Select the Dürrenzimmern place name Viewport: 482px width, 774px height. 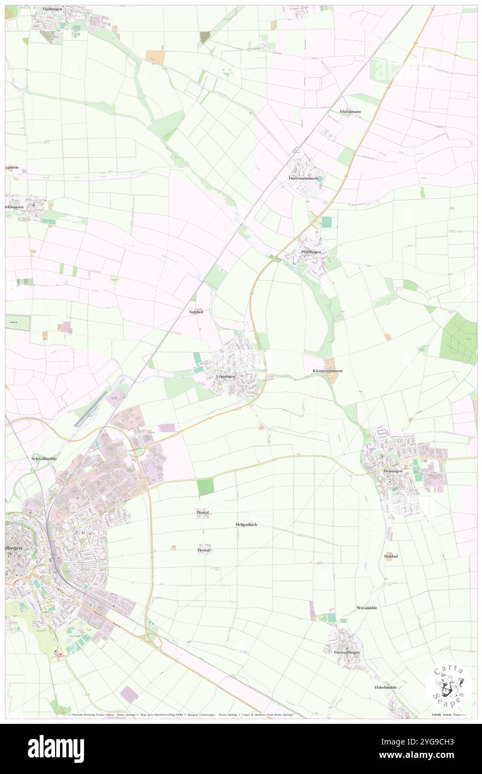click(303, 178)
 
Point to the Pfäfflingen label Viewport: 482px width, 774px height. click(311, 252)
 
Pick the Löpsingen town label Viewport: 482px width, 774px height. click(226, 376)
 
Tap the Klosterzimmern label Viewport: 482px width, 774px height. click(328, 371)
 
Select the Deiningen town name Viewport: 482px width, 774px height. click(392, 471)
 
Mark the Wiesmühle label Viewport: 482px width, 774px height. click(367, 608)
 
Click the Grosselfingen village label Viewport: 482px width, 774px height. click(347, 652)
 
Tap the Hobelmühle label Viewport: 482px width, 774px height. click(385, 688)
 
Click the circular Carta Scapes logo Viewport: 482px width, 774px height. click(449, 686)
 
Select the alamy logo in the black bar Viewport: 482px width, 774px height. click(56, 748)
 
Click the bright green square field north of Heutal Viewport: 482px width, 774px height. click(205, 487)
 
